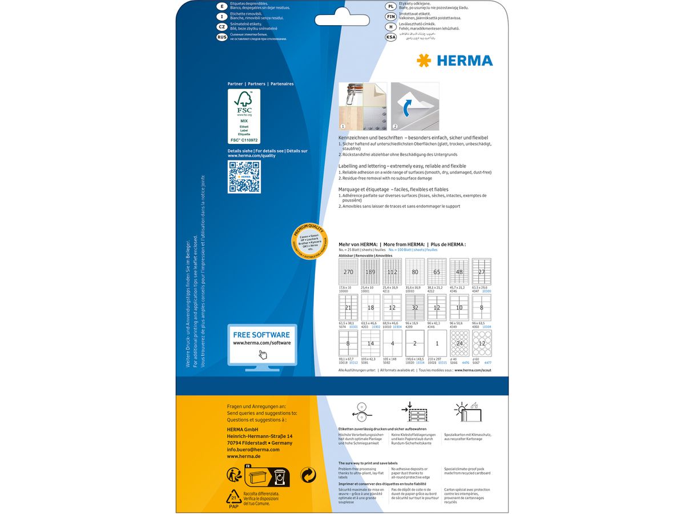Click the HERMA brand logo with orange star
(x=455, y=61)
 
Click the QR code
(x=244, y=177)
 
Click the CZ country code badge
(x=222, y=26)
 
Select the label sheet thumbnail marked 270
(x=348, y=272)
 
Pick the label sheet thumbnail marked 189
(x=370, y=272)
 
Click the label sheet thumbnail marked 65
(x=437, y=272)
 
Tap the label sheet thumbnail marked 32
(x=415, y=308)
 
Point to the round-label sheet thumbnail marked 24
(x=460, y=344)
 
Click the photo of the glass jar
(x=362, y=106)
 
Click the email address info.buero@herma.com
(x=253, y=449)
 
